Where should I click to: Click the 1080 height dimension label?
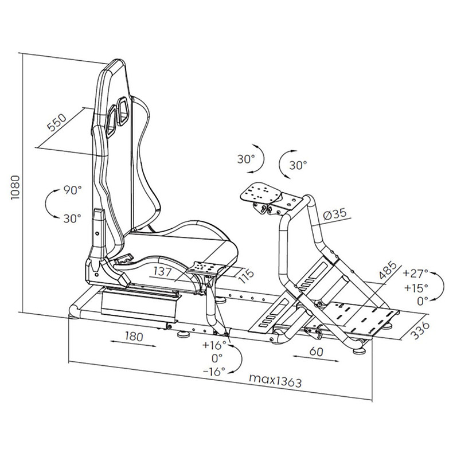tap(15, 188)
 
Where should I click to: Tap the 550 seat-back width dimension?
tap(57, 123)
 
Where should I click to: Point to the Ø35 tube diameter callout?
tap(334, 214)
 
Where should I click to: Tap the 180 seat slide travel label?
tap(133, 337)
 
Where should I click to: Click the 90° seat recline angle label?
tap(72, 190)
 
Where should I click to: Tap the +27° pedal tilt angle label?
tap(415, 273)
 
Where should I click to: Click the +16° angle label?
tap(214, 346)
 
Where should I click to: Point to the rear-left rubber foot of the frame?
tap(75, 311)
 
